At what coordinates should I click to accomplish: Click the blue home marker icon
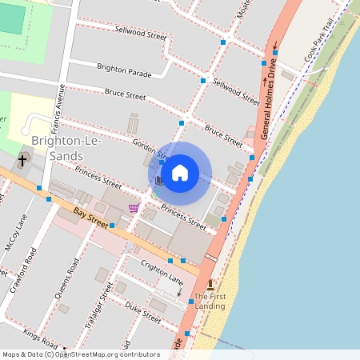pyautogui.click(x=180, y=172)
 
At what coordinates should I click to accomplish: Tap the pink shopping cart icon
pyautogui.click(x=133, y=208)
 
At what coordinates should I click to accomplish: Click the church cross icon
pyautogui.click(x=22, y=161)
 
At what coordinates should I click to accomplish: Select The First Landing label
pyautogui.click(x=210, y=301)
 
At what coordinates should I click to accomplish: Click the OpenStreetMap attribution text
pyautogui.click(x=81, y=354)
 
